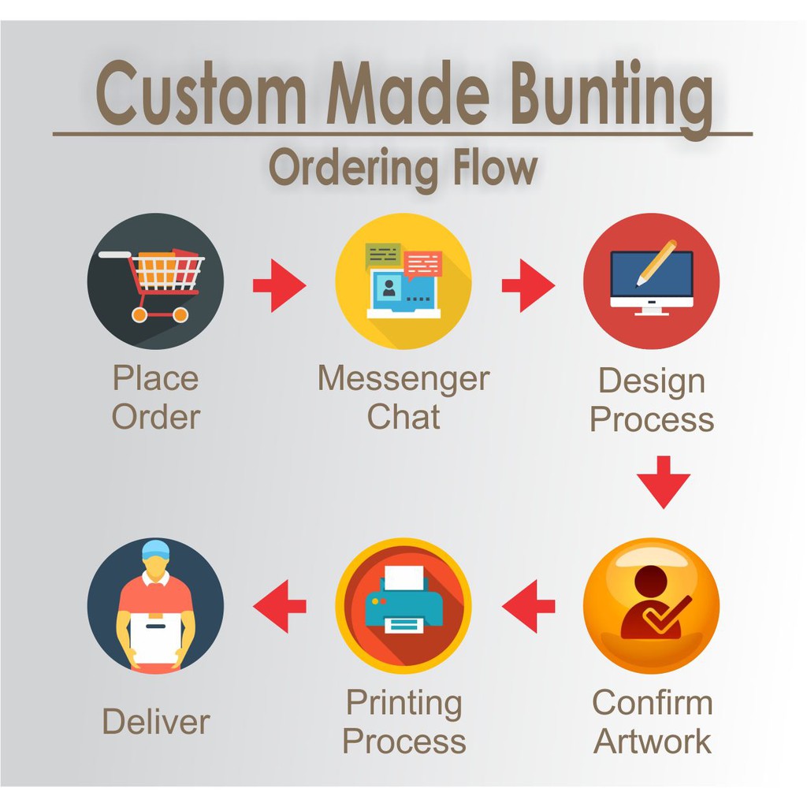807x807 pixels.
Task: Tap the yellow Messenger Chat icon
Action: coord(403,281)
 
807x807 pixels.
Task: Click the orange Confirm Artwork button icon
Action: coord(651,606)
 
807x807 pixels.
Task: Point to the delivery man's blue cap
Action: coord(155,550)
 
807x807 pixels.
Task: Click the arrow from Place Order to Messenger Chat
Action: coord(280,285)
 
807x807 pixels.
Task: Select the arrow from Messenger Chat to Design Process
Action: coord(528,285)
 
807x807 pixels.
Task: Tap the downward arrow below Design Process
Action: coord(664,482)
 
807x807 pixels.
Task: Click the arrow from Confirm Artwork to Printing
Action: coord(528,606)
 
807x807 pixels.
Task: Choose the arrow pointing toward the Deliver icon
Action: coord(280,606)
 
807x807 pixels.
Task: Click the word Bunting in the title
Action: coord(612,98)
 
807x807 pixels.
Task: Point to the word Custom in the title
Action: coord(201,93)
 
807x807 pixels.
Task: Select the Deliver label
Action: coord(156,721)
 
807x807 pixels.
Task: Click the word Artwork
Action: coord(652,741)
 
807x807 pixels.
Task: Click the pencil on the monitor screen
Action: coord(656,262)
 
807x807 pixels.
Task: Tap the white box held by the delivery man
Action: coord(155,638)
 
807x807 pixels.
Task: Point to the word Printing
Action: coord(404,704)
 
